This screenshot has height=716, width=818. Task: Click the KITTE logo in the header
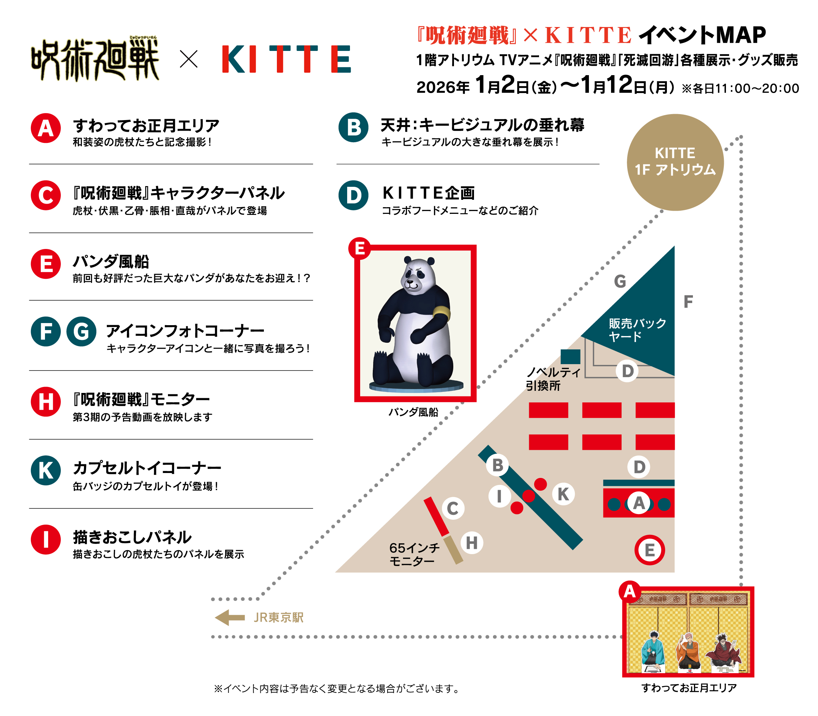click(286, 59)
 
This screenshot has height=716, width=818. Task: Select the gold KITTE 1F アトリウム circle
click(675, 162)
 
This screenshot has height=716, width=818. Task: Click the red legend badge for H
click(46, 402)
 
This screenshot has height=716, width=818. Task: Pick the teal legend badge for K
click(46, 470)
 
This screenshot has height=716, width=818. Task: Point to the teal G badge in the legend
click(81, 331)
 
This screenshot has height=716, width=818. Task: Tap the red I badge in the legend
click(46, 539)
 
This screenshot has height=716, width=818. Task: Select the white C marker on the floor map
click(453, 508)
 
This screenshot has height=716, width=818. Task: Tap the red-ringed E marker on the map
click(650, 550)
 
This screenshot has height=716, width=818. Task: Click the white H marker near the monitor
click(472, 543)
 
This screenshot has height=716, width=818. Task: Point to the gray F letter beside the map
click(688, 302)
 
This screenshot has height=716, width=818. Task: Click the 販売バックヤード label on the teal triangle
click(637, 330)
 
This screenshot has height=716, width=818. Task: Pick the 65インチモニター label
click(414, 554)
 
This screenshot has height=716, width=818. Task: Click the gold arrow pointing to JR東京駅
click(230, 617)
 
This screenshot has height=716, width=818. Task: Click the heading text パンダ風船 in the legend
click(111, 262)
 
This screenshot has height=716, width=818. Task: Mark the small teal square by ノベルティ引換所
click(571, 356)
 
